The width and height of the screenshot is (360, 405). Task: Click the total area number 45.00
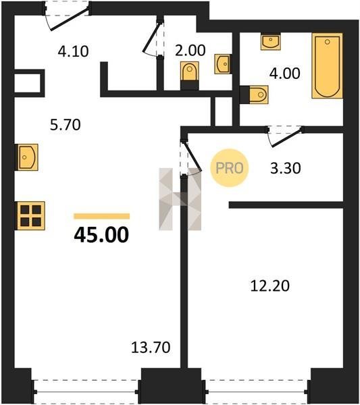101,235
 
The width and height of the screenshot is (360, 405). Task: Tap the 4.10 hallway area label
74,51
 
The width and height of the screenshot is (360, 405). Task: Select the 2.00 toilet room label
190,51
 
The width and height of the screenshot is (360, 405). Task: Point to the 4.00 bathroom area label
284,74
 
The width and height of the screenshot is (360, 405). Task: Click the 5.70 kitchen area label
66,124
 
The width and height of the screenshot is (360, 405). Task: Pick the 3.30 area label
286,168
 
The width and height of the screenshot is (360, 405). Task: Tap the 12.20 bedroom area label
269,286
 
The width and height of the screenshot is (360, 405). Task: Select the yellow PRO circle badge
229,168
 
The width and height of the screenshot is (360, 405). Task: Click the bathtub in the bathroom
327,65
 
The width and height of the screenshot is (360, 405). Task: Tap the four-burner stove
31,216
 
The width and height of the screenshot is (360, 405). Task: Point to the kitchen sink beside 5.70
28,157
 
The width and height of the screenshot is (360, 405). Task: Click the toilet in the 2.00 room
190,76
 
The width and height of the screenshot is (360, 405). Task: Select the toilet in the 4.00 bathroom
255,94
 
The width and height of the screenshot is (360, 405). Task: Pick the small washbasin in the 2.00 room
223,64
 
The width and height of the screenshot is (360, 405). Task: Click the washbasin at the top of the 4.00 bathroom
271,42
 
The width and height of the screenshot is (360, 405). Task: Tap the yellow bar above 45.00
101,216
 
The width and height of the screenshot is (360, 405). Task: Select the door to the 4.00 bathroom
285,136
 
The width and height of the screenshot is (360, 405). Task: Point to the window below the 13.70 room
86,391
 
